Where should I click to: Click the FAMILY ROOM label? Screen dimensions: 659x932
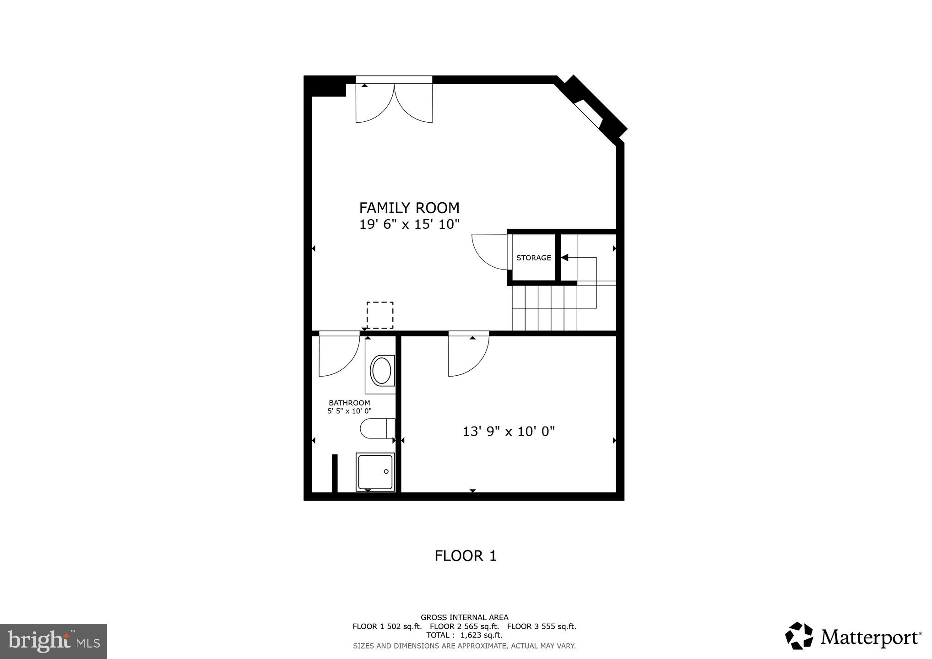click(409, 208)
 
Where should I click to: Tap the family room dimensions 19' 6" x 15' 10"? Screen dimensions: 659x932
click(409, 224)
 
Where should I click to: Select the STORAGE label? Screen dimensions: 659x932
click(533, 258)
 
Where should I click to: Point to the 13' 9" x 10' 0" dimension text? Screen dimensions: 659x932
click(509, 432)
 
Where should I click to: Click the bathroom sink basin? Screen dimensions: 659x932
click(381, 371)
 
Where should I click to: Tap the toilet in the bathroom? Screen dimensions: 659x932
click(377, 429)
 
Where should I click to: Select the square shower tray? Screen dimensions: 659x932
click(375, 472)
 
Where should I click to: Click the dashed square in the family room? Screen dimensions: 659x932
click(379, 315)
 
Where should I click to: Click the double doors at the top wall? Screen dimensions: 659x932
click(394, 103)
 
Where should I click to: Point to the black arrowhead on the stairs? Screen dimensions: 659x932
click(564, 258)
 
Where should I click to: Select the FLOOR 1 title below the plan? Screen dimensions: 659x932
click(465, 556)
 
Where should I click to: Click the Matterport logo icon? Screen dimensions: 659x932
click(799, 636)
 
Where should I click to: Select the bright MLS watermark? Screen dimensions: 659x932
click(53, 641)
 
